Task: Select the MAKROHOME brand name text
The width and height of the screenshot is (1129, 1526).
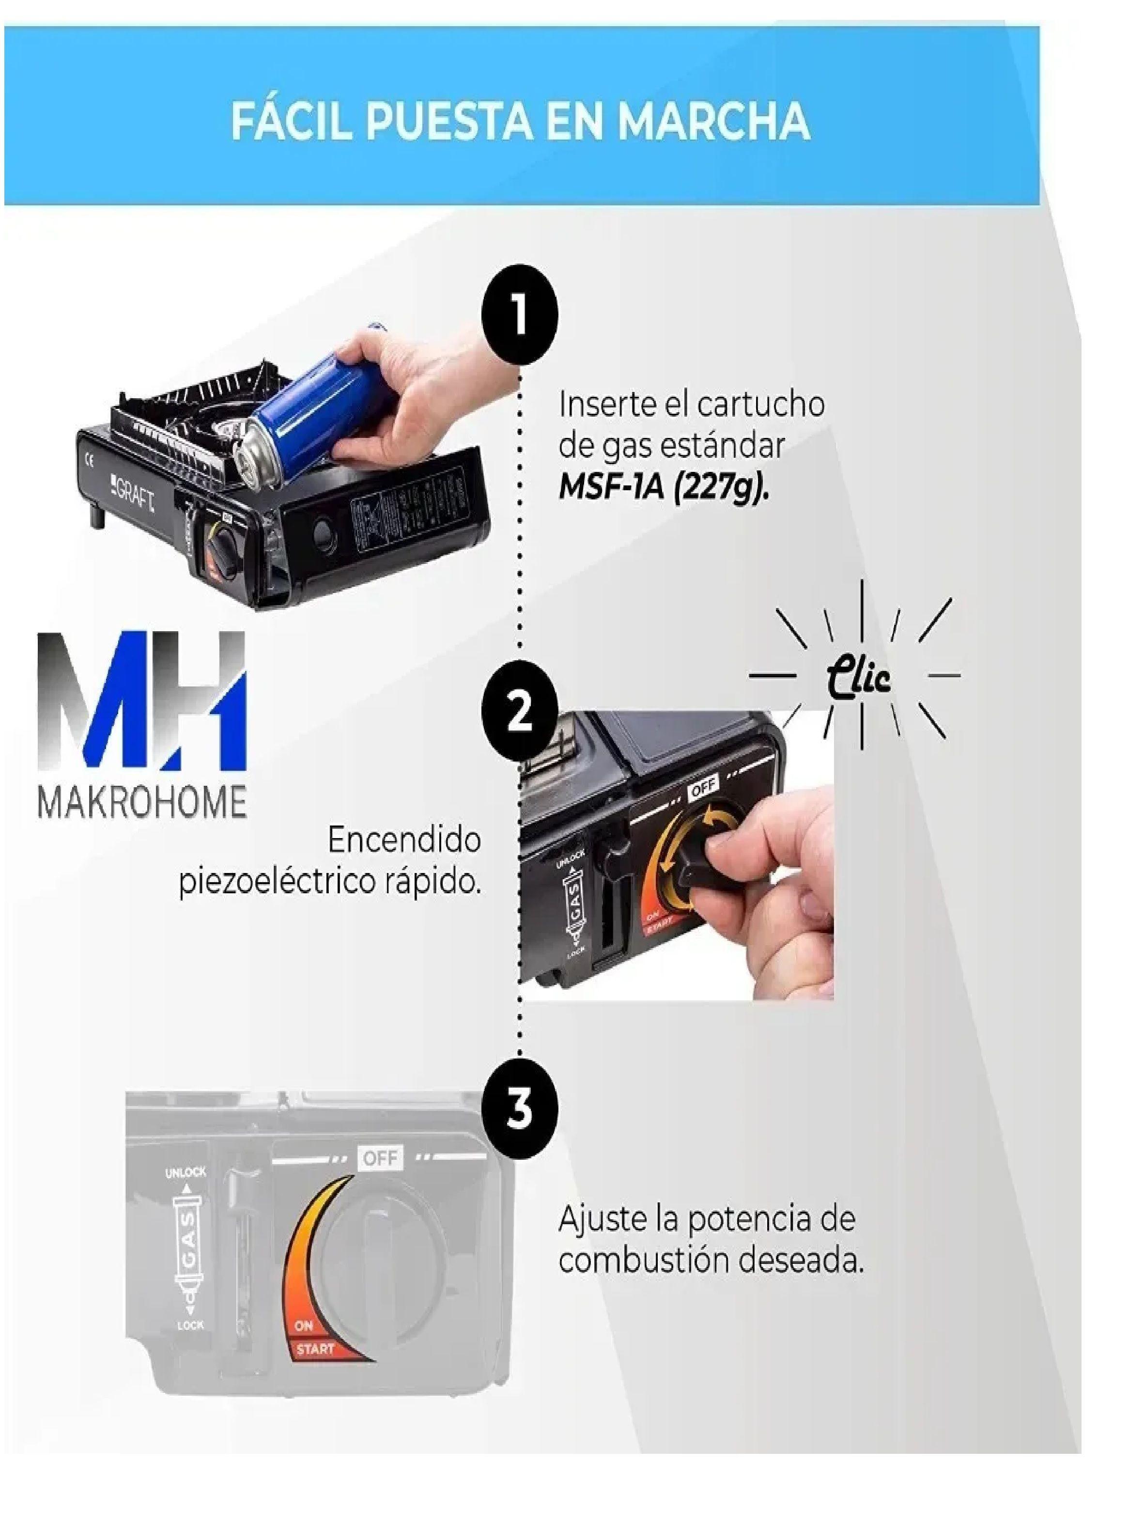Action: point(141,803)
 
